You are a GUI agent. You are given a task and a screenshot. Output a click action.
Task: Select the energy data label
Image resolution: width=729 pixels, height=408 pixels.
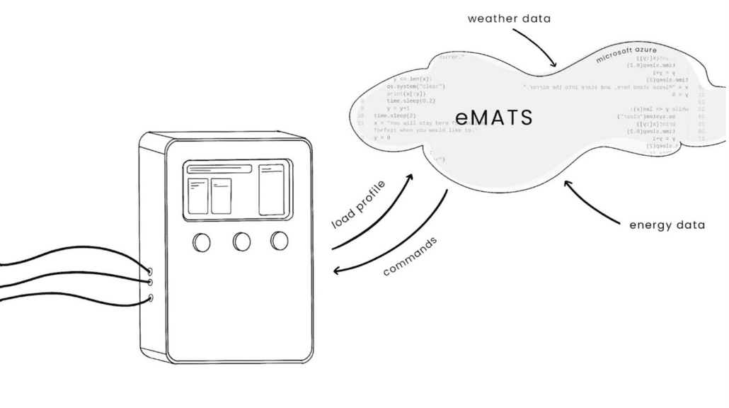(667, 226)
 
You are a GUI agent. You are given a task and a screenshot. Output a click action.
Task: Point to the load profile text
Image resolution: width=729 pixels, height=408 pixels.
(358, 206)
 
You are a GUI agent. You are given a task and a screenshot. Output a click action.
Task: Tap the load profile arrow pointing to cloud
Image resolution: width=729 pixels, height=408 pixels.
(379, 215)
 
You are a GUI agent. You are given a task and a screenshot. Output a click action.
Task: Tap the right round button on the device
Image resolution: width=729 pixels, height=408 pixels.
(279, 242)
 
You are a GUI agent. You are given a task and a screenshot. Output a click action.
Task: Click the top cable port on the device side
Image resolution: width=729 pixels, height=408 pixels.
(149, 271)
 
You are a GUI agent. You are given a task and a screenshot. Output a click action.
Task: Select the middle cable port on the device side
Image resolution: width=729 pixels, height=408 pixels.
(149, 283)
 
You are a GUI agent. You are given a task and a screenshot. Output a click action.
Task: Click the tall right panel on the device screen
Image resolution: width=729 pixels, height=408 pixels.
(270, 188)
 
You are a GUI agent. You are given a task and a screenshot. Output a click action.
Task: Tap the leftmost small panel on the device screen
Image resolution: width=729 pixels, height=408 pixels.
(197, 195)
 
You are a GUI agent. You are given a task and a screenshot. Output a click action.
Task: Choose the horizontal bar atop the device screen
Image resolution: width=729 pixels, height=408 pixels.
(219, 169)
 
